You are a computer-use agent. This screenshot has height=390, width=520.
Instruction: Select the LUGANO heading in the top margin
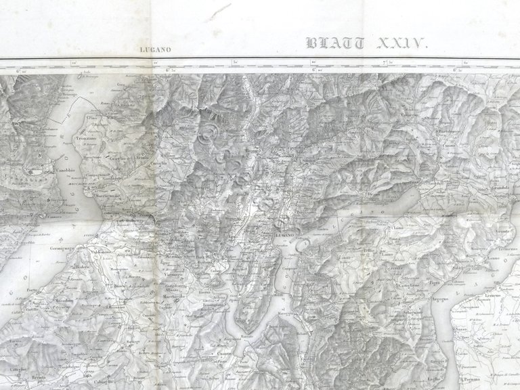tap(155, 49)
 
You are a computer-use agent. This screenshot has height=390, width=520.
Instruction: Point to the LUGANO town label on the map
tap(284, 234)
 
